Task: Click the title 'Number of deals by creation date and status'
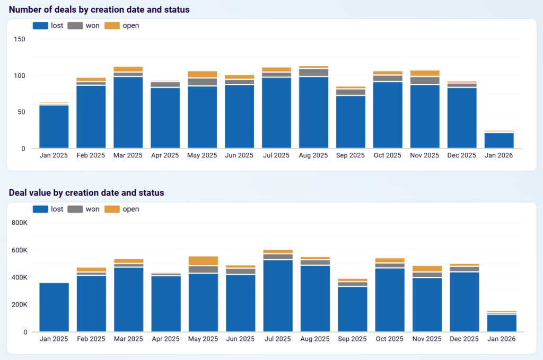99,10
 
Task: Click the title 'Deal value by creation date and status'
86,193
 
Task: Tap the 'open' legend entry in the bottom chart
122,209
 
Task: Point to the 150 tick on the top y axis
19,39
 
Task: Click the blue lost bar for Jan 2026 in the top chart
499,141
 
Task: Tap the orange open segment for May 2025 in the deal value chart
203,261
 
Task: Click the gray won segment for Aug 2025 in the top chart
313,73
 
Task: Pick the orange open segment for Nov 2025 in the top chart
425,73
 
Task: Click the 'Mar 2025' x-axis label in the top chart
128,155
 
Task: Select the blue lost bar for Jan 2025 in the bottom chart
54,308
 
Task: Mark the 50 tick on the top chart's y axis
21,112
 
